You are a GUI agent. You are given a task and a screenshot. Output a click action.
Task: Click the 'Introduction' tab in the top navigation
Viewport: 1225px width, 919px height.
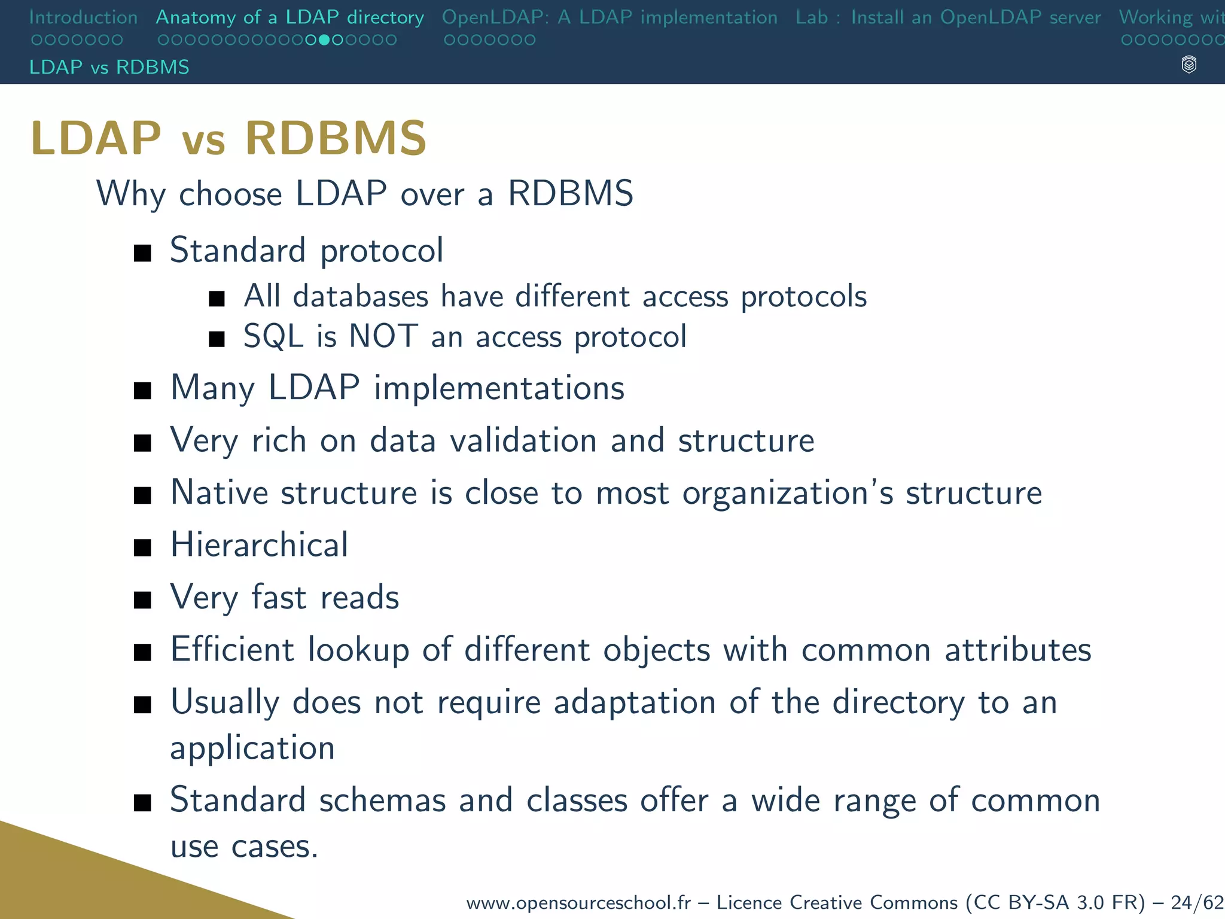(83, 17)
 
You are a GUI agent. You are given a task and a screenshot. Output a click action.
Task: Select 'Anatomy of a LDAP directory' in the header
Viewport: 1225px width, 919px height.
(290, 17)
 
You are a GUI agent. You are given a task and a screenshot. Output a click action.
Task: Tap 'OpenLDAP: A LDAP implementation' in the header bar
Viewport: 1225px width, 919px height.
(610, 17)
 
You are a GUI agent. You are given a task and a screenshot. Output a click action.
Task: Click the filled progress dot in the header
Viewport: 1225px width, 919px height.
(324, 40)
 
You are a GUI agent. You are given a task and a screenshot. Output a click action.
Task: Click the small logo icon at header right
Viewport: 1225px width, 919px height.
(1189, 65)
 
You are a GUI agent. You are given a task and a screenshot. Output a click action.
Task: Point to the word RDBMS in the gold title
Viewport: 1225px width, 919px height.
(336, 138)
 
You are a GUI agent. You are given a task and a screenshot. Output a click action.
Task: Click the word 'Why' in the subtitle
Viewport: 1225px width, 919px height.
(130, 194)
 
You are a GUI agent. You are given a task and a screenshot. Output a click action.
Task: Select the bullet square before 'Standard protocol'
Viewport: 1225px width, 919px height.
(142, 253)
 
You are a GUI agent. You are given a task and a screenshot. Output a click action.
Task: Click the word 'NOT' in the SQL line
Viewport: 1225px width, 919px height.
(383, 336)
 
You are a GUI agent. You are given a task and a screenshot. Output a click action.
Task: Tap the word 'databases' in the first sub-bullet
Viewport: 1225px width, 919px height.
(361, 296)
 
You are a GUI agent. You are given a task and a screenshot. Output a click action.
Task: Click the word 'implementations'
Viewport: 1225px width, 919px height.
(499, 388)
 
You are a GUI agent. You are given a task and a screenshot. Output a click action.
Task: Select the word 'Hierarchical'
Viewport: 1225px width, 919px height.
(259, 545)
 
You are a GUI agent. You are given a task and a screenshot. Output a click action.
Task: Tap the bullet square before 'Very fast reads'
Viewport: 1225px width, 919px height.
(142, 600)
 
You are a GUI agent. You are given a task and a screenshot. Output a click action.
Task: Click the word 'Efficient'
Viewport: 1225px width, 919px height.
(232, 650)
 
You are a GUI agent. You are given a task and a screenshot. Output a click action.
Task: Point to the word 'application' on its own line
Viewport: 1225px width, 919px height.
(252, 749)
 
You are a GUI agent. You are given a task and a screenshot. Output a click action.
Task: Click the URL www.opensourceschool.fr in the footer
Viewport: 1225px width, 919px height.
(578, 902)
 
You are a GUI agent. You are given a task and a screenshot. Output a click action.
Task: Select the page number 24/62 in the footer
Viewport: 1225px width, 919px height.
(1197, 902)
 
